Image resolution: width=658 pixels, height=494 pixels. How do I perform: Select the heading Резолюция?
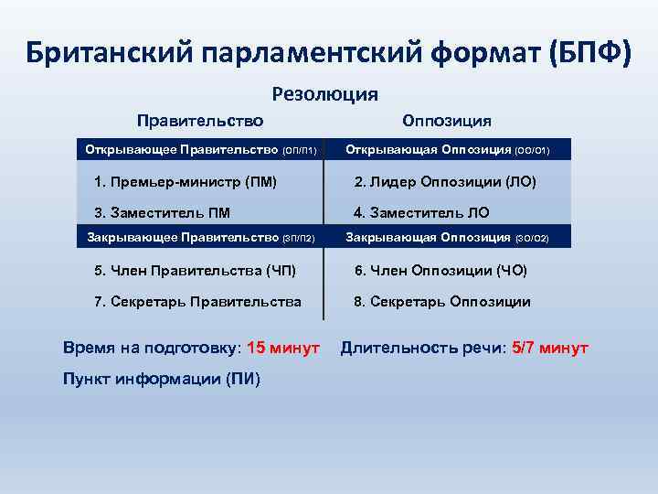[325, 94]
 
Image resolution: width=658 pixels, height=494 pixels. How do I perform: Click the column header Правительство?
[200, 121]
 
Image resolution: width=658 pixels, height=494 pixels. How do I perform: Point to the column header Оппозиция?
[447, 121]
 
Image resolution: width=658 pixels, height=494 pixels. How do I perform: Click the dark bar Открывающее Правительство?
[200, 148]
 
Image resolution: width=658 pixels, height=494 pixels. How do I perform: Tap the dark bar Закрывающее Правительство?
[200, 238]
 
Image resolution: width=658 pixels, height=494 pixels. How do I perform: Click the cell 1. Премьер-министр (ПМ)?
[186, 182]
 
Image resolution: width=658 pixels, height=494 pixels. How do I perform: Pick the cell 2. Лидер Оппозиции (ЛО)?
[445, 182]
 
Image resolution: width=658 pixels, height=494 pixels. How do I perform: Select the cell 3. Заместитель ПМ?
[163, 213]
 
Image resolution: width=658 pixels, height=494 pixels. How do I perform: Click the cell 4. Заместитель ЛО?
[421, 213]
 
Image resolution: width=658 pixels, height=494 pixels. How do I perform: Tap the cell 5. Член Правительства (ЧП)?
[195, 271]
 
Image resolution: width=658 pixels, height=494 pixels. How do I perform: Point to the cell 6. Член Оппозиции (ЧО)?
[440, 271]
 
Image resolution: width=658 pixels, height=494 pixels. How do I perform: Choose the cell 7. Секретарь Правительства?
[197, 302]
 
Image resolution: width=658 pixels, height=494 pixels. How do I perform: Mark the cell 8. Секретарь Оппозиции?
[442, 302]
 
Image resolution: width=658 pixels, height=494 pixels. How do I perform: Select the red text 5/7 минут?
[550, 349]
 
